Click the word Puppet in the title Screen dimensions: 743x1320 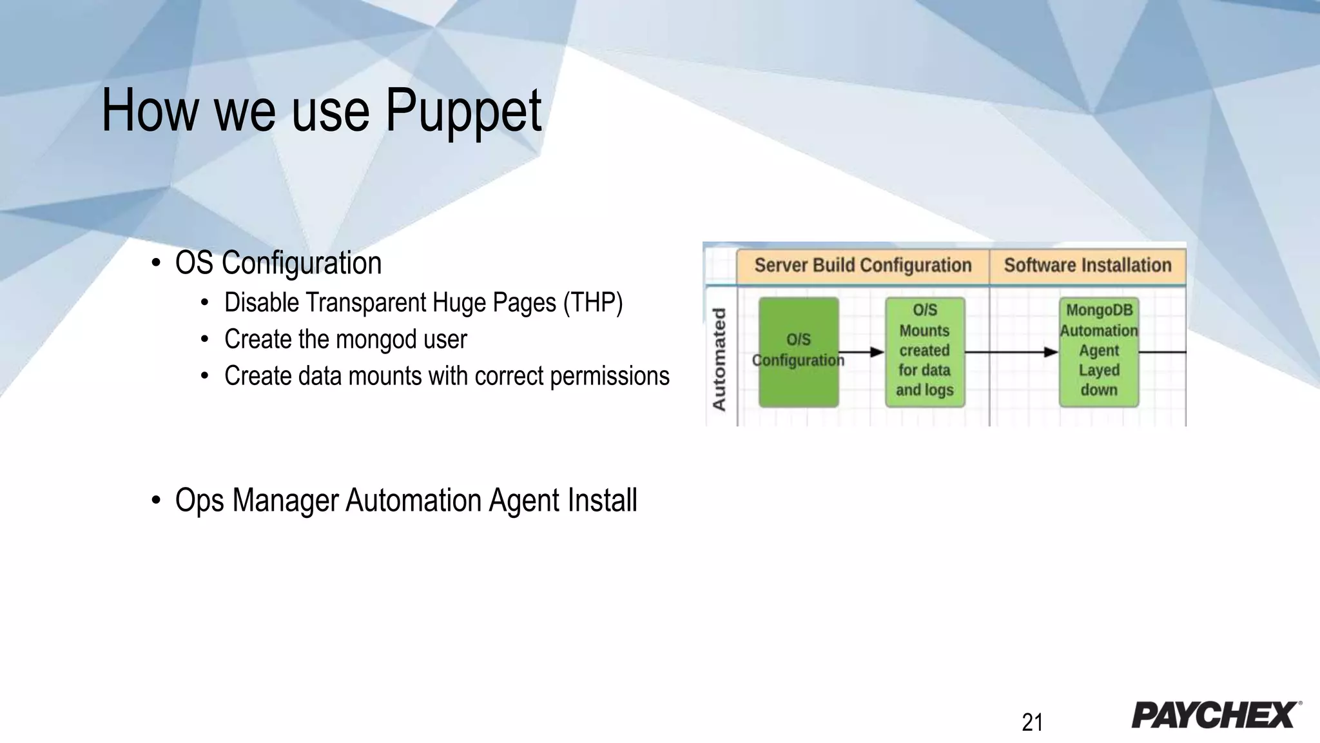pyautogui.click(x=463, y=111)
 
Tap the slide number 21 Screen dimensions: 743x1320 pyautogui.click(x=1032, y=722)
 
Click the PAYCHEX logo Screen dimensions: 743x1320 pyautogui.click(x=1215, y=715)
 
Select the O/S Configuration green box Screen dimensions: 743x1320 pyautogui.click(x=799, y=352)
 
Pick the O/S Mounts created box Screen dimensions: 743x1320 pyautogui.click(x=925, y=352)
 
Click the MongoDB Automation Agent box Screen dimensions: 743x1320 pyautogui.click(x=1099, y=352)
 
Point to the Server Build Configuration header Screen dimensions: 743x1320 pyautogui.click(x=862, y=265)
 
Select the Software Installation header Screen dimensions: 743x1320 pyautogui.click(x=1087, y=265)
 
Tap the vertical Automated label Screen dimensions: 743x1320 pyautogui.click(x=719, y=359)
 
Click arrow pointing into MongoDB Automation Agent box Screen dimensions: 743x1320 pyautogui.click(x=1012, y=352)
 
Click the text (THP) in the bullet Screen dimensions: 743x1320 pyautogui.click(x=592, y=302)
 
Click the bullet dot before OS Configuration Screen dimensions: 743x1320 pyautogui.click(x=155, y=263)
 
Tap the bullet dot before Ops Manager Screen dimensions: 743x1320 pyautogui.click(x=155, y=500)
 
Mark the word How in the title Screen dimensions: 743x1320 pyautogui.click(x=150, y=111)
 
